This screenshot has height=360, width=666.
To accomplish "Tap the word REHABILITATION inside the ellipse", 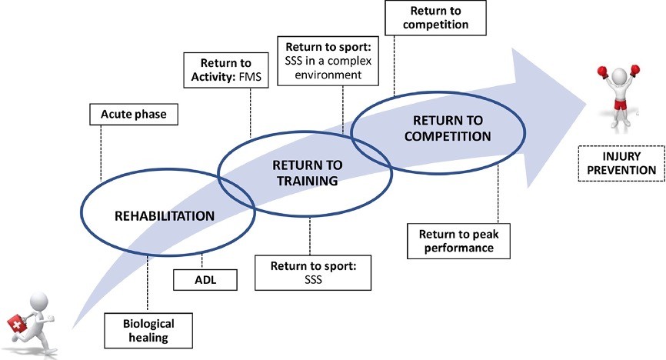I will click(x=165, y=215).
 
